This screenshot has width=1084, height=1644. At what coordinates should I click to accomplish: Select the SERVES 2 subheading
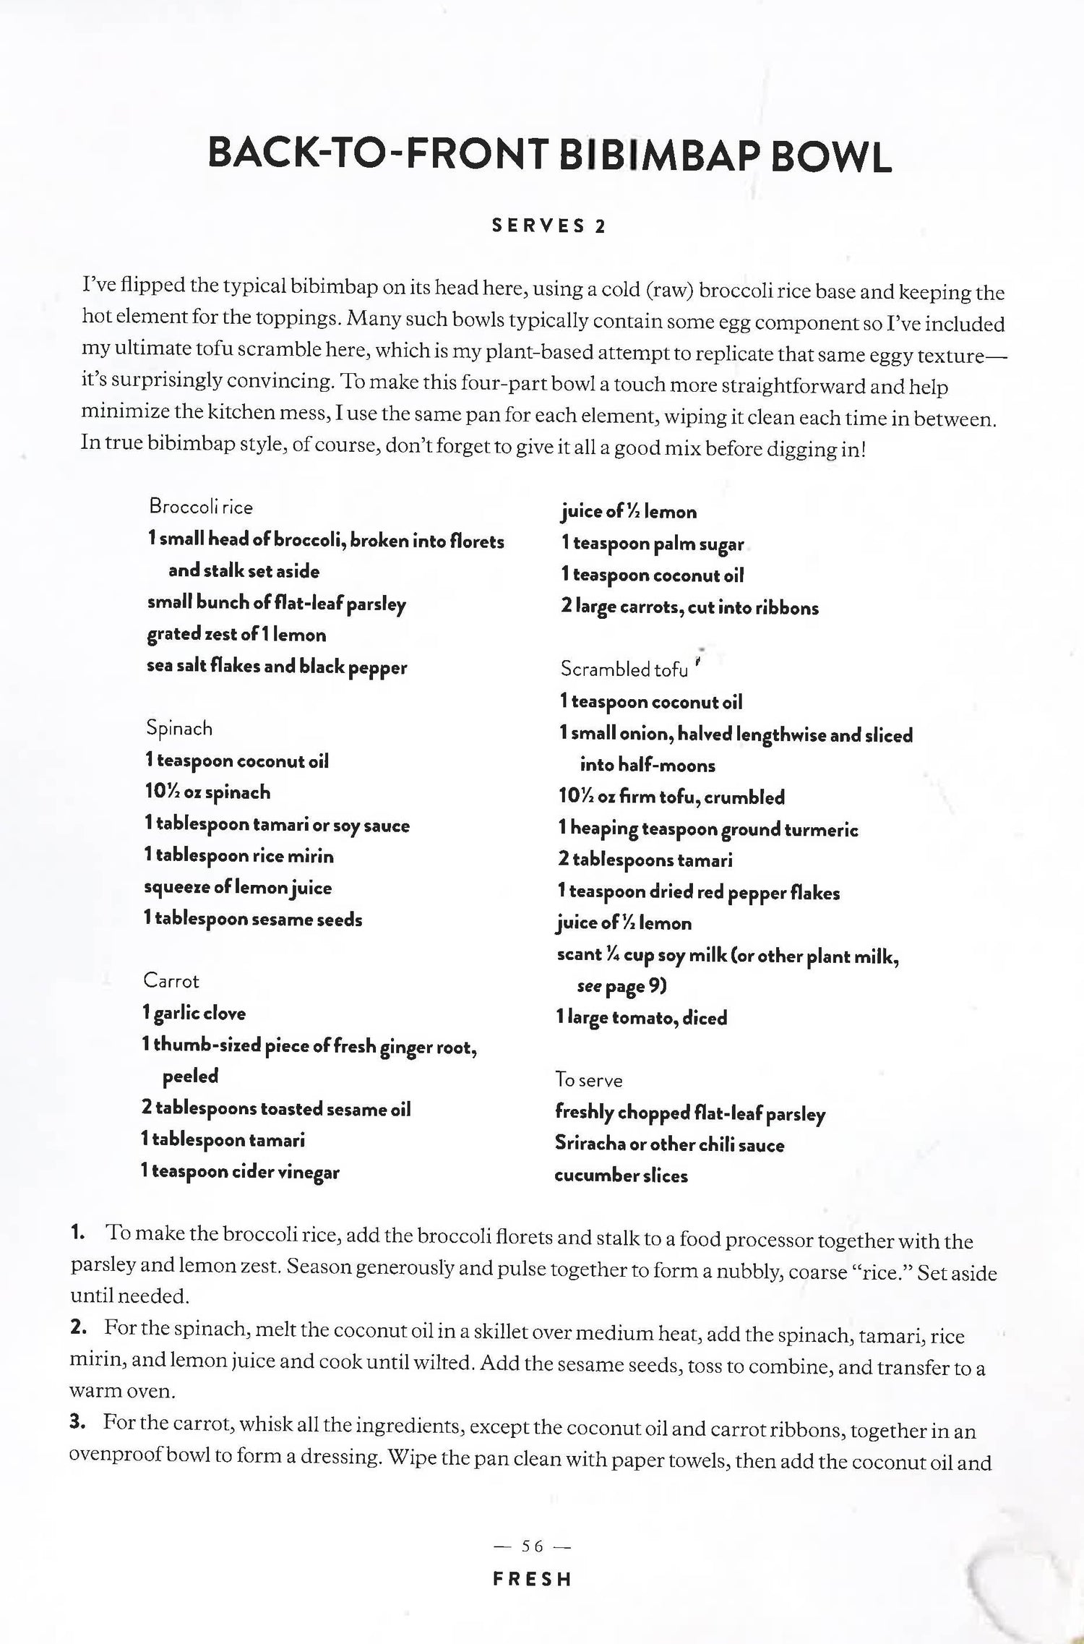(x=549, y=226)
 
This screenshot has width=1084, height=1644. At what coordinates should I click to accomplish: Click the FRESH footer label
(x=532, y=1599)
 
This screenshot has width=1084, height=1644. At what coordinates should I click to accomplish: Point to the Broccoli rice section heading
(x=201, y=507)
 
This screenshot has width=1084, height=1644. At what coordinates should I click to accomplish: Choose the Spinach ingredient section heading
(x=179, y=728)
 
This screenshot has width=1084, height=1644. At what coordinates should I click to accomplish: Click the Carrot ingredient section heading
(x=171, y=981)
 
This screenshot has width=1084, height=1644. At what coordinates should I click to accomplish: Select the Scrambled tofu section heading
(x=624, y=669)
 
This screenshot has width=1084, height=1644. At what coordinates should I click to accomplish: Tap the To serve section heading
(x=588, y=1080)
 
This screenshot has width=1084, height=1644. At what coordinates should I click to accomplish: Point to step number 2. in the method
(x=78, y=1327)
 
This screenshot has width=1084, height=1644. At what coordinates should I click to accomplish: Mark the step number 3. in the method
(x=78, y=1422)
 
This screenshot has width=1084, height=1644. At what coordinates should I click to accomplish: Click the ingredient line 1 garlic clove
(x=194, y=1013)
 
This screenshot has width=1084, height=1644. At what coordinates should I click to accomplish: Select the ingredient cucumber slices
(x=621, y=1176)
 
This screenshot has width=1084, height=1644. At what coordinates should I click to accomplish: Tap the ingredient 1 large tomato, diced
(x=642, y=1018)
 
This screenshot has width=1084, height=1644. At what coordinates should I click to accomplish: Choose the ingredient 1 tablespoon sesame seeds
(x=253, y=920)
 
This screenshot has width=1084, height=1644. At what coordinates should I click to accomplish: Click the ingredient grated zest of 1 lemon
(x=236, y=635)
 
